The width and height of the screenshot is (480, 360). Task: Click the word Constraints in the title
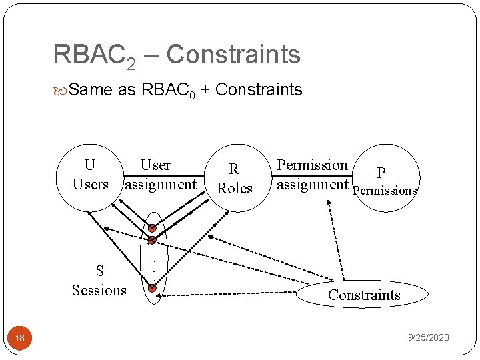pyautogui.click(x=233, y=54)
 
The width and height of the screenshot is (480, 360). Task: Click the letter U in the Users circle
pyautogui.click(x=90, y=165)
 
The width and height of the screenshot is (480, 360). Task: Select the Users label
pyautogui.click(x=90, y=184)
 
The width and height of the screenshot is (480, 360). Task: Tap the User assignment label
pyautogui.click(x=160, y=175)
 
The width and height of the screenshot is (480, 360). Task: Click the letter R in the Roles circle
pyautogui.click(x=234, y=170)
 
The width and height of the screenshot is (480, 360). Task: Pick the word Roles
pyautogui.click(x=235, y=189)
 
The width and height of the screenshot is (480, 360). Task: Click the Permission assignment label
pyautogui.click(x=312, y=175)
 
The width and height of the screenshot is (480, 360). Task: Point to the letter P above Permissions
pyautogui.click(x=381, y=173)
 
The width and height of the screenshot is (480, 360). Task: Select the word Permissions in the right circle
pyautogui.click(x=385, y=191)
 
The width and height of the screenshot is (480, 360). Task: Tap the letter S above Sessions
pyautogui.click(x=99, y=271)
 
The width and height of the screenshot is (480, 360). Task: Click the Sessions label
pyautogui.click(x=99, y=290)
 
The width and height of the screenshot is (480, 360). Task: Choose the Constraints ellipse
pyautogui.click(x=364, y=295)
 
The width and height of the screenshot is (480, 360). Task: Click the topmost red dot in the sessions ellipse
pyautogui.click(x=152, y=228)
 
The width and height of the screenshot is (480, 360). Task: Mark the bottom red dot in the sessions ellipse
pyautogui.click(x=152, y=288)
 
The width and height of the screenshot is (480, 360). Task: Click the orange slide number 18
pyautogui.click(x=20, y=338)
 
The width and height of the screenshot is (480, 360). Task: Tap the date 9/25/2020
pyautogui.click(x=429, y=338)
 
